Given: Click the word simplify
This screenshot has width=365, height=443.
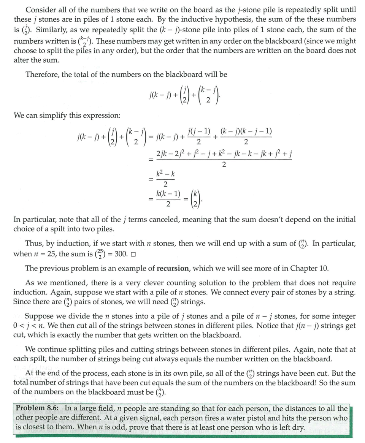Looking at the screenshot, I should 57,115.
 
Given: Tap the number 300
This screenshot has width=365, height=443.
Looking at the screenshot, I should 120,254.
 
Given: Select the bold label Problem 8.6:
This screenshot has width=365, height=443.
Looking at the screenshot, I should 38,409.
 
